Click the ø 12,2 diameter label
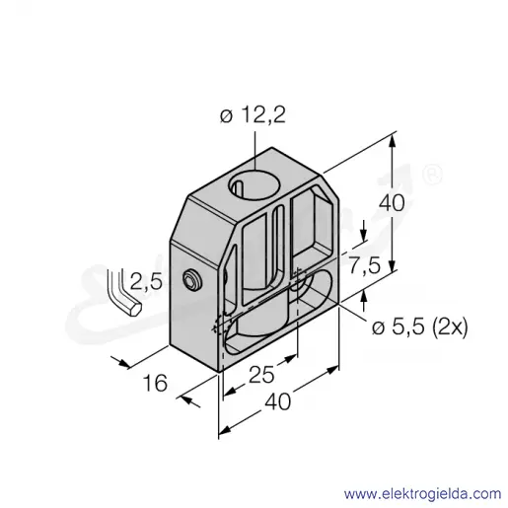pos(253,115)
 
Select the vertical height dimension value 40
pos(392,202)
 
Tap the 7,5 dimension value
pos(364,265)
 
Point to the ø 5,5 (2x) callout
pos(419,327)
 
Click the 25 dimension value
pos(261,375)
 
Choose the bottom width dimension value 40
pos(278,401)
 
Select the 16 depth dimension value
pos(155,383)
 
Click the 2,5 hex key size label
pos(146,281)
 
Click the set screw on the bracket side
pos(192,280)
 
